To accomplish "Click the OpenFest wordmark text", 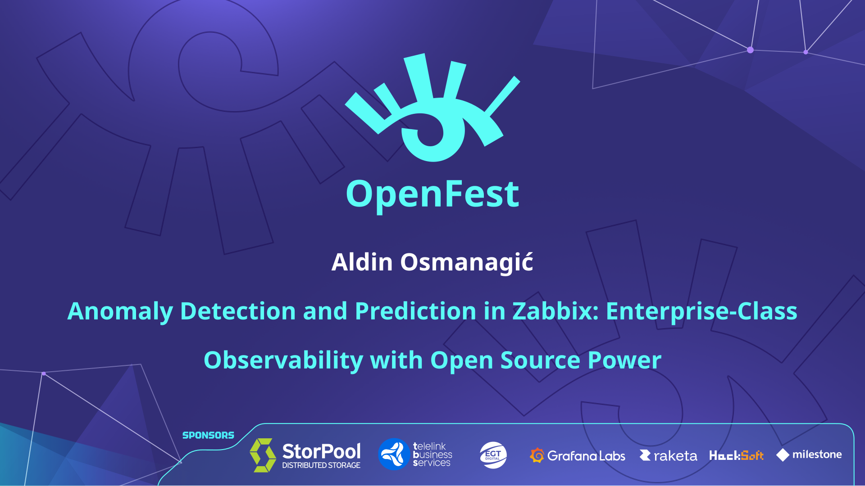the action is coord(432,194).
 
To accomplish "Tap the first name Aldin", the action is coord(362,262).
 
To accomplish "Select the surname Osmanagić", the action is coord(467,263).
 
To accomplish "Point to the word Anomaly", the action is coord(120,312).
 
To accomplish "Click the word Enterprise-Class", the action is coord(701,311).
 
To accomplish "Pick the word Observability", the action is coord(283,360).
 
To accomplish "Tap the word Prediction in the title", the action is coord(416,311).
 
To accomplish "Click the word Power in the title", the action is coord(624,360).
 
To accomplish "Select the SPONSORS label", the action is coord(208,435).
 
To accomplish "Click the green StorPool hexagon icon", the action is coord(263,455).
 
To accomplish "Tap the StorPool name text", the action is coord(321,451).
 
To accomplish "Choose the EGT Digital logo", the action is coord(493,455).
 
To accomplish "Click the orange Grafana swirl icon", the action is coord(537,455).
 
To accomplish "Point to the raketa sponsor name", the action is coord(675,456).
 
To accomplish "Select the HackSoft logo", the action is coord(736,455).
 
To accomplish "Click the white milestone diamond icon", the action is coord(783,455).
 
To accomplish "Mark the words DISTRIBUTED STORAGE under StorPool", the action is coord(321,465).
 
